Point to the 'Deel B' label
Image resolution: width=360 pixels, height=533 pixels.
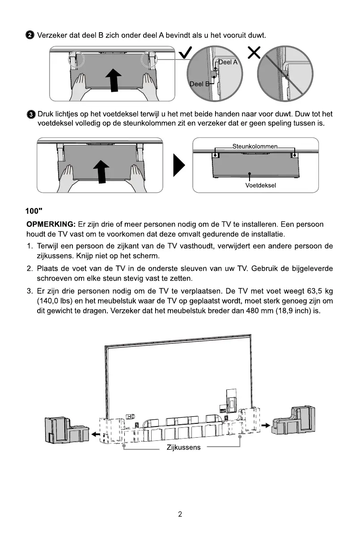click(x=199, y=84)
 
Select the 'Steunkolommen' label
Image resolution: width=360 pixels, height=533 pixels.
click(x=255, y=146)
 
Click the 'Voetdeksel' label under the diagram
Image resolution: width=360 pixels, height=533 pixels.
click(x=261, y=185)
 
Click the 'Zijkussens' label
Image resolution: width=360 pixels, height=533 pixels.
click(x=183, y=448)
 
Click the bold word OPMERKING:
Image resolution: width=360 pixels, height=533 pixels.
click(x=50, y=224)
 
